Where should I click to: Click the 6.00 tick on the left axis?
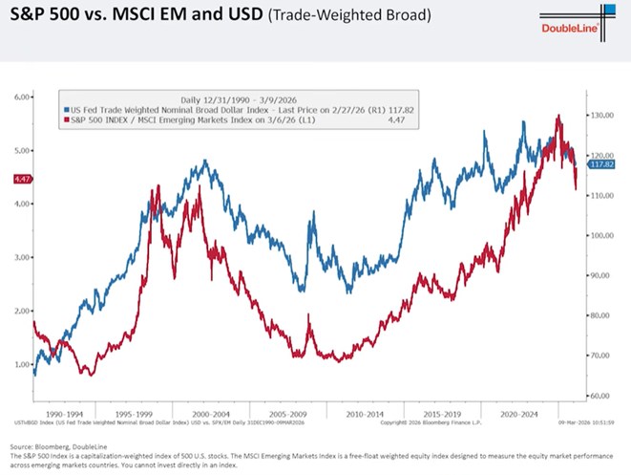[22, 97]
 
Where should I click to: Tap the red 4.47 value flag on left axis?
[21, 179]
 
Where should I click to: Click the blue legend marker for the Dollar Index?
[64, 110]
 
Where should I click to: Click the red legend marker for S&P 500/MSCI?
[64, 120]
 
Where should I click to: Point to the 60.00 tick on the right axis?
[599, 396]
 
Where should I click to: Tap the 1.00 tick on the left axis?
[22, 364]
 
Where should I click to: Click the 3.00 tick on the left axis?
[22, 257]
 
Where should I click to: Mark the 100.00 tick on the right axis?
[599, 235]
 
